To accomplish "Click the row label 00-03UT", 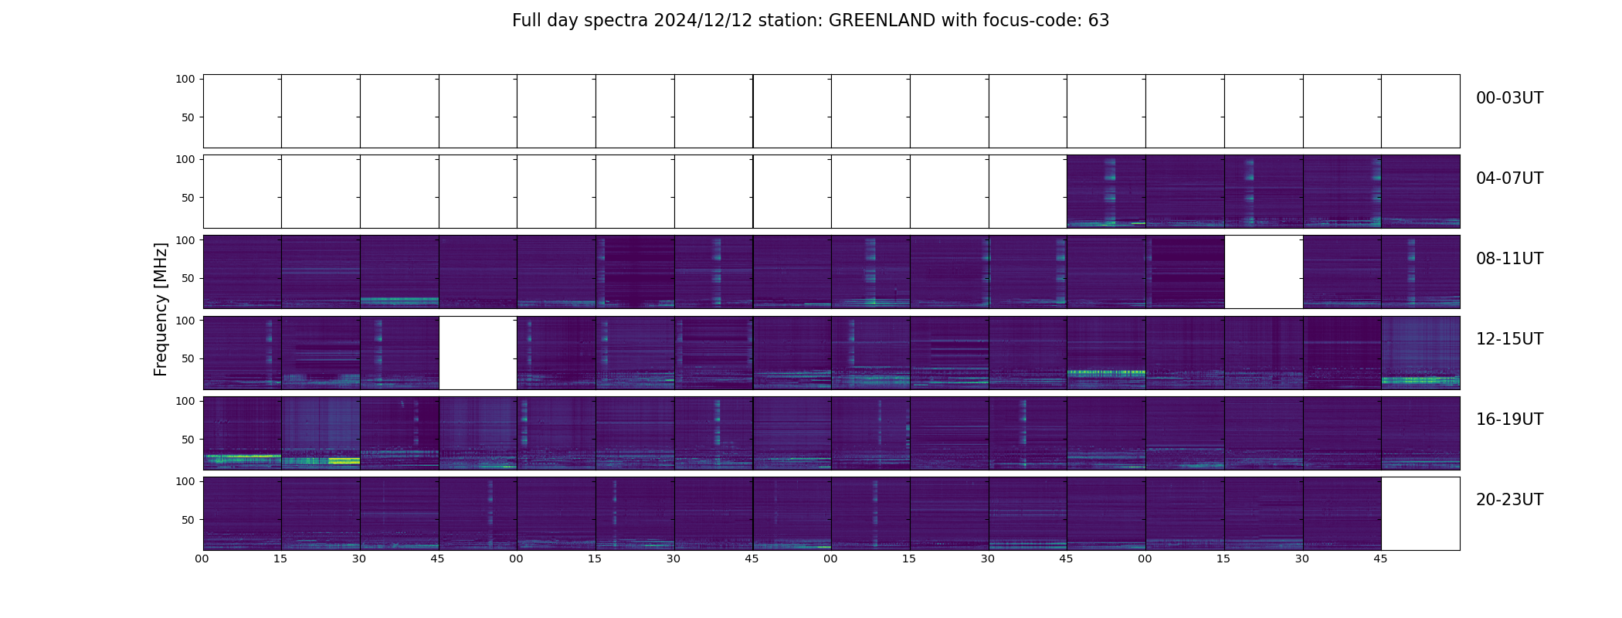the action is [x=1509, y=98].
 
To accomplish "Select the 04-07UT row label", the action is [x=1509, y=178].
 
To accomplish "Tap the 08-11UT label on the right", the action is [x=1509, y=259].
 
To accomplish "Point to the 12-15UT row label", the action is [x=1509, y=339].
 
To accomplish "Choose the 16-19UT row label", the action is [x=1509, y=419].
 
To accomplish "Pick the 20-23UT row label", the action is [x=1509, y=500].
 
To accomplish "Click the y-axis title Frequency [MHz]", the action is [x=161, y=309].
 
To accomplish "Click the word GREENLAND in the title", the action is [x=882, y=21].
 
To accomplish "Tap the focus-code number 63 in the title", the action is [x=1099, y=21].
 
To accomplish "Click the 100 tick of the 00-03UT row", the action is [x=185, y=79].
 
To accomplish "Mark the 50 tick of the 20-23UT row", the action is [x=188, y=520].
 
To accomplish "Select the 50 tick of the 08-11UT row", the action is [x=188, y=278].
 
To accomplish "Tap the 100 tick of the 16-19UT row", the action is [x=185, y=401].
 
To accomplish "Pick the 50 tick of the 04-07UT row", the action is [x=188, y=198].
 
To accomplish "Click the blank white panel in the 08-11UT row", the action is [x=1264, y=272].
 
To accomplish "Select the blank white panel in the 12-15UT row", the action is [x=478, y=352].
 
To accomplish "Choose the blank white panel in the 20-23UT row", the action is [x=1420, y=514].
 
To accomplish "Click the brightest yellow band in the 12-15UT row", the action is [x=1106, y=372].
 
